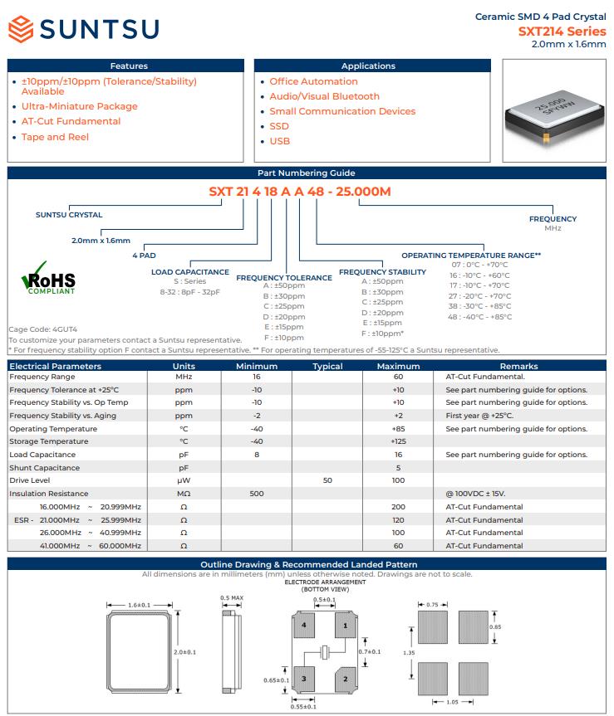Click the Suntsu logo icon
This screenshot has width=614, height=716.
tap(22, 30)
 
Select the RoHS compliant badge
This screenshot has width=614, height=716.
tap(49, 281)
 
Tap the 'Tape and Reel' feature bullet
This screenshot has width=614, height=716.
tap(55, 137)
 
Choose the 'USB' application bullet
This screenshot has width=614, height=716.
tap(279, 141)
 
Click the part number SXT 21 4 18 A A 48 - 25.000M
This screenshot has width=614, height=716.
tap(299, 191)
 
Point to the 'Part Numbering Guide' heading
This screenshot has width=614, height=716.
tap(307, 173)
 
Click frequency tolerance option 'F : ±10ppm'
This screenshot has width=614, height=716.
tap(284, 338)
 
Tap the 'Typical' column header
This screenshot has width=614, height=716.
tap(327, 366)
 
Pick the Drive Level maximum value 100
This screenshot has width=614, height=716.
tap(398, 480)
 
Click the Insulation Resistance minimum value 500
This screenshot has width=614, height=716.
tap(256, 494)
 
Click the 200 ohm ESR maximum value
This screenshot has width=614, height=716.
tap(398, 506)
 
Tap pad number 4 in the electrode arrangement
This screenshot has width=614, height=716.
tap(305, 625)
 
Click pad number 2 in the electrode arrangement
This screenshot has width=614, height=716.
tap(345, 679)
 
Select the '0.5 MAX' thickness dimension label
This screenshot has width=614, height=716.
tap(231, 598)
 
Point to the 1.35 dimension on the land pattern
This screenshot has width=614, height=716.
tap(408, 653)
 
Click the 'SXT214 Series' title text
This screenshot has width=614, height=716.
tap(562, 32)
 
